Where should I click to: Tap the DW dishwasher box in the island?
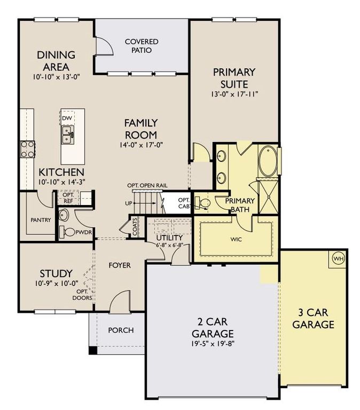click(x=67, y=117)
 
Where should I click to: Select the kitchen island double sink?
click(x=67, y=135)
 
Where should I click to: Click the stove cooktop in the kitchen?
click(x=27, y=148)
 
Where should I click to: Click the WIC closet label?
click(x=236, y=239)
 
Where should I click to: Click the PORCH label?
click(x=121, y=330)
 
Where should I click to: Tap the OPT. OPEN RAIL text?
click(x=147, y=185)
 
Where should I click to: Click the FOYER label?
click(x=120, y=265)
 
